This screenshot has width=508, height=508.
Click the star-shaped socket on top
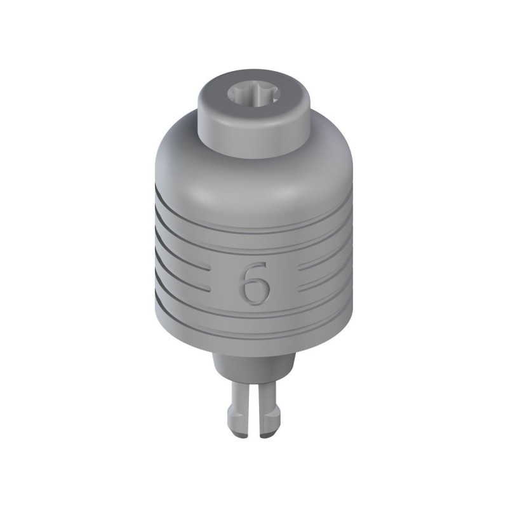point(253,97)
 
